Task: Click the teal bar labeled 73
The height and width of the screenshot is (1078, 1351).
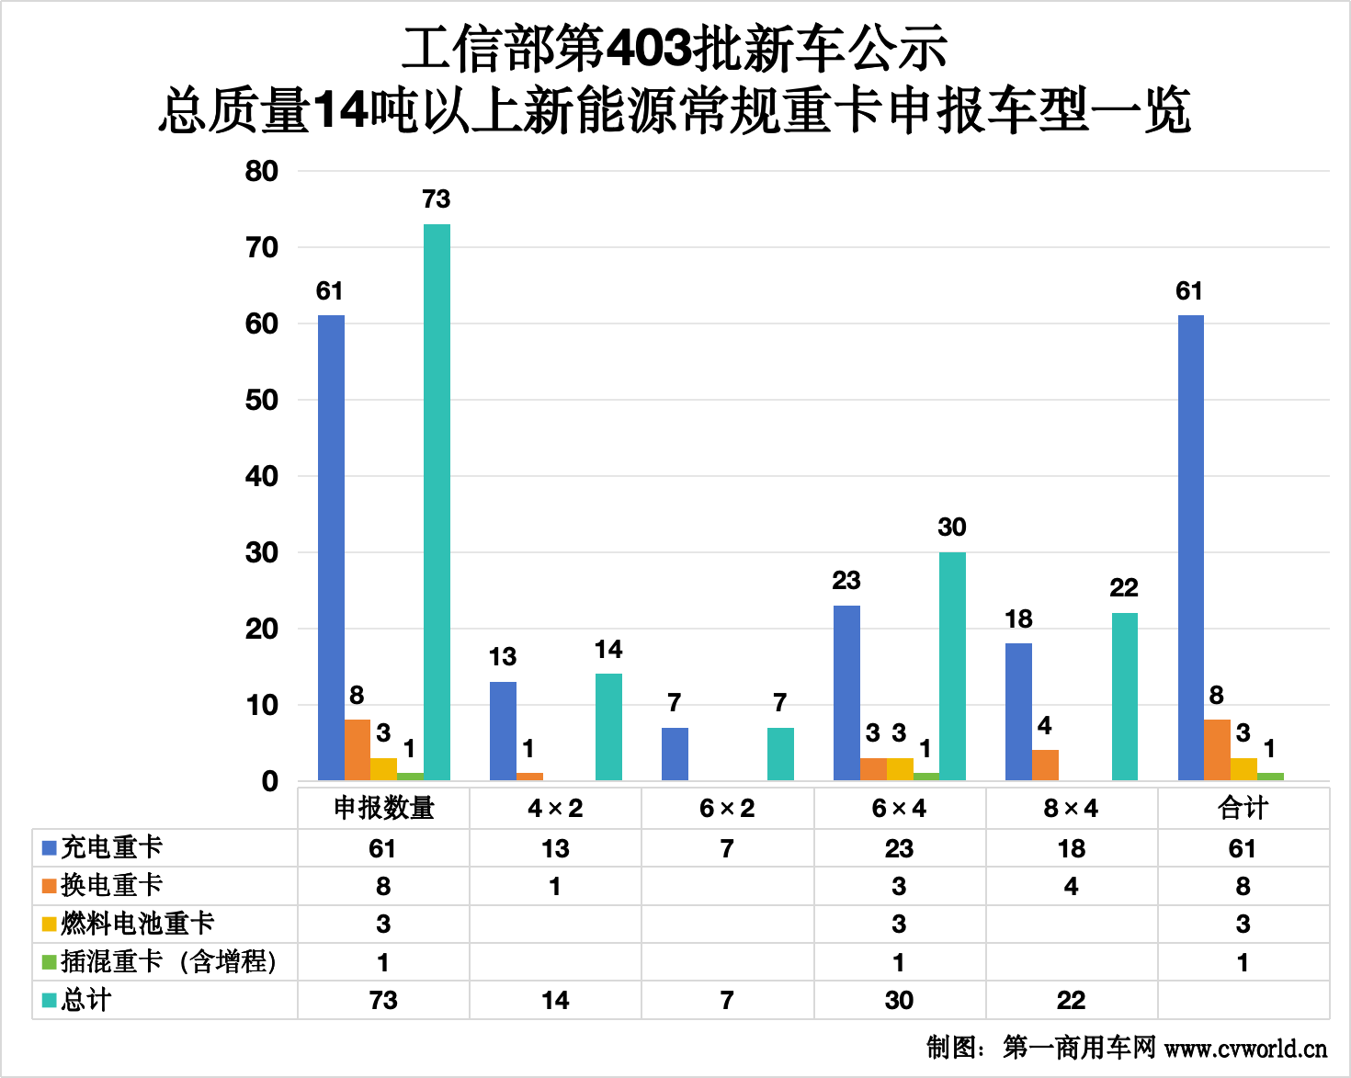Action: click(x=437, y=502)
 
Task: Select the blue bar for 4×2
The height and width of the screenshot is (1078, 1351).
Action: click(x=503, y=731)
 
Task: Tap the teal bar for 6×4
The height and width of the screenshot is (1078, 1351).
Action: click(x=952, y=666)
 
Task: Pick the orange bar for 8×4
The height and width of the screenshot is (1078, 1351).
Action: click(x=1045, y=765)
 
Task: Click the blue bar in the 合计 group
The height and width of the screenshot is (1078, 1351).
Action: click(x=1190, y=548)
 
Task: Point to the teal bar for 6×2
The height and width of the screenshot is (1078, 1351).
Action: click(x=780, y=754)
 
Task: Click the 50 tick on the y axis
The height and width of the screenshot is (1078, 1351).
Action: click(x=262, y=400)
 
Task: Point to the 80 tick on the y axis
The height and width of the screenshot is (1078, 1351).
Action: click(x=262, y=171)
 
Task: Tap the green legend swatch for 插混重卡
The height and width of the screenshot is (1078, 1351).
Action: click(x=50, y=962)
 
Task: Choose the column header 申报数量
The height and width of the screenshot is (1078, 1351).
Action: click(x=383, y=808)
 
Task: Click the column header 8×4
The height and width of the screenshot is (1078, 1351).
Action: click(x=1071, y=808)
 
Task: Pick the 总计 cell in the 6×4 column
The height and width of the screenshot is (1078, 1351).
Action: click(x=899, y=1000)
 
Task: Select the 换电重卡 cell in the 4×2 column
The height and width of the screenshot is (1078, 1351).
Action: click(x=555, y=886)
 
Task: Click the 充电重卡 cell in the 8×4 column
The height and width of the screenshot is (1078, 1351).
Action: click(x=1071, y=848)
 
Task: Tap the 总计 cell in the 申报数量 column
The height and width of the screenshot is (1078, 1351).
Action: click(x=383, y=1000)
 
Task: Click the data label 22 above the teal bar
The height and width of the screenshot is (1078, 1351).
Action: click(x=1124, y=588)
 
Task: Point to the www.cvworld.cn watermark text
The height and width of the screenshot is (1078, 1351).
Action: click(x=1245, y=1048)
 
